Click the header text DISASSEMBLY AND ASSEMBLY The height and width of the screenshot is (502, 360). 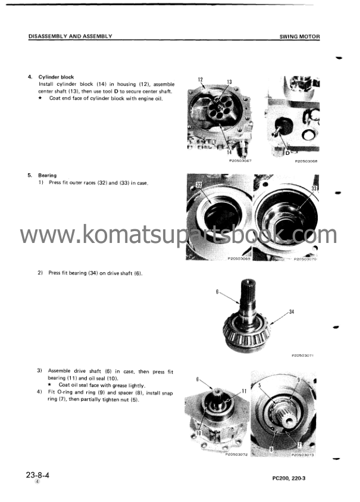pos(70,36)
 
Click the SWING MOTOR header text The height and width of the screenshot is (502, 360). pos(299,36)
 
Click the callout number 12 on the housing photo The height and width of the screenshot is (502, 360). pos(201,79)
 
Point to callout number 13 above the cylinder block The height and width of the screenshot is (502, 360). pos(229,82)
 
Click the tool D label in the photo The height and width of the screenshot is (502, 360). pos(287,152)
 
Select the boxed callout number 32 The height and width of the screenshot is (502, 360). pos(199,185)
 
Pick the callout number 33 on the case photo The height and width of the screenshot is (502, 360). pos(314,189)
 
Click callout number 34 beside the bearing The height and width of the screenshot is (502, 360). pos(292,311)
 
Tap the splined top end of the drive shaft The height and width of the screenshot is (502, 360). pos(248,285)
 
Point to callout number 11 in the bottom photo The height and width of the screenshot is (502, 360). pos(244,391)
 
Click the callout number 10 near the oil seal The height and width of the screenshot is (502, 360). pos(198,433)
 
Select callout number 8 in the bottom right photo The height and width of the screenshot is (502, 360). pos(271,449)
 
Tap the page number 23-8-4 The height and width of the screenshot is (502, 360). pos(37,475)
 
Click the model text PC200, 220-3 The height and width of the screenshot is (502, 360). pos(289,478)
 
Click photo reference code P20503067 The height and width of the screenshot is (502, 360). pos(240,161)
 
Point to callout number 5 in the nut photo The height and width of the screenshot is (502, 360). pos(260,385)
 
